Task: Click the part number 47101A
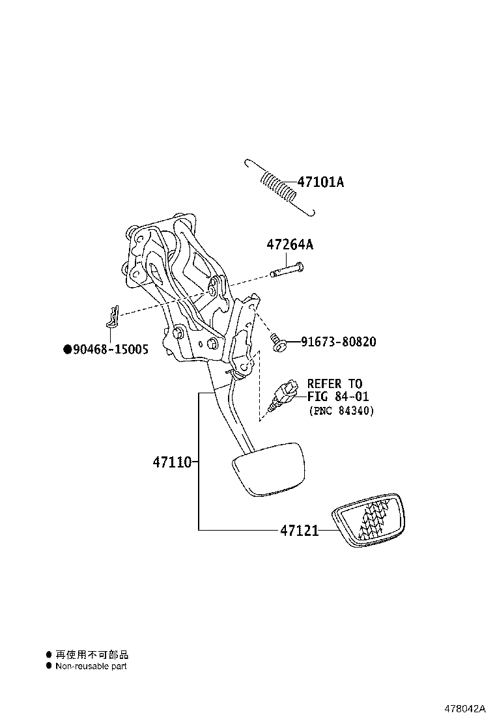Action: [x=320, y=182]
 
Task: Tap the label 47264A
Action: [x=289, y=245]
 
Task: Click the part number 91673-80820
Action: [x=338, y=342]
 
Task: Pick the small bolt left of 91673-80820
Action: [x=277, y=342]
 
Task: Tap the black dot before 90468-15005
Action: [x=66, y=350]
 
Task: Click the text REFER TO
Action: [x=334, y=383]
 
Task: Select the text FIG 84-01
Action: [x=333, y=397]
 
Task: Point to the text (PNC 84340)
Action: [x=341, y=411]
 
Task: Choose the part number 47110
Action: [x=172, y=463]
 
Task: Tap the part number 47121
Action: [x=300, y=531]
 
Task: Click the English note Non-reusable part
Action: [x=91, y=666]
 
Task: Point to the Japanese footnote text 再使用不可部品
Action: [x=92, y=654]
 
